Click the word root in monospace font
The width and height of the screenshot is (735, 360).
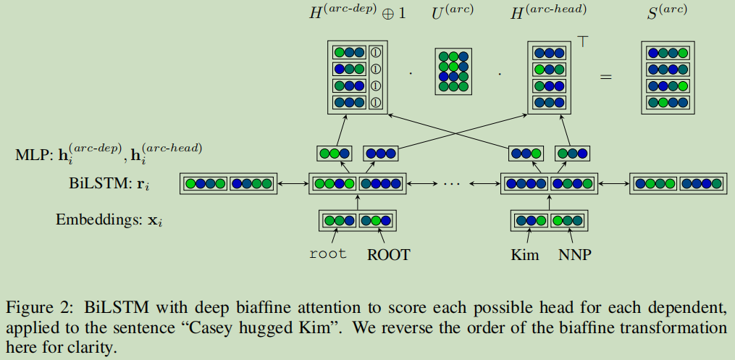pyautogui.click(x=327, y=254)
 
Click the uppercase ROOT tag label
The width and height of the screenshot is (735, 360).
pyautogui.click(x=388, y=254)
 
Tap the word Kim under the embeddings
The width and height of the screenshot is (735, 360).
pyautogui.click(x=525, y=254)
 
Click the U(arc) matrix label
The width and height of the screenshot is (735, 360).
pyautogui.click(x=453, y=13)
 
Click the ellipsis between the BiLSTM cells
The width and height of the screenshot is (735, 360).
pyautogui.click(x=451, y=185)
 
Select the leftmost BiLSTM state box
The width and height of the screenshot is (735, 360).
pyautogui.click(x=228, y=184)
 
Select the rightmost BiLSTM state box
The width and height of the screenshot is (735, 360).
pyautogui.click(x=678, y=184)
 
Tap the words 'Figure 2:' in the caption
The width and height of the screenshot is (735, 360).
pyautogui.click(x=38, y=307)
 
